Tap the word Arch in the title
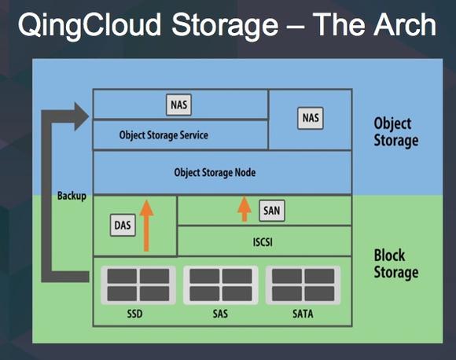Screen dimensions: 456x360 coord(405,24)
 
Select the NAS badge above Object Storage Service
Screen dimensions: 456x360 coord(178,105)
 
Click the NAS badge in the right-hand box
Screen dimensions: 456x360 coord(311,118)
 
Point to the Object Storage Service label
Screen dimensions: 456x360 coord(164,135)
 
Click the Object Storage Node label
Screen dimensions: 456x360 coord(215,172)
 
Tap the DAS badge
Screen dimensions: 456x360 coord(123,226)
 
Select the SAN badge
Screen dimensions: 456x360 coord(271,211)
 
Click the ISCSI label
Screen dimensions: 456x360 coord(263,242)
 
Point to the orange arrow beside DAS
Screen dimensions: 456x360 coord(146,226)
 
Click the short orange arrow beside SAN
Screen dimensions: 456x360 coord(245,209)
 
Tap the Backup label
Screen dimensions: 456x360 coord(72,196)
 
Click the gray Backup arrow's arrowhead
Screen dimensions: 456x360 coord(82,116)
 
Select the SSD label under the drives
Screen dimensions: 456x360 coord(134,314)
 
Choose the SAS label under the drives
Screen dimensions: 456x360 coord(220,314)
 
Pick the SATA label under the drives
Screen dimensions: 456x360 coord(303,314)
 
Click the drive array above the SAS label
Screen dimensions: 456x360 coord(221,285)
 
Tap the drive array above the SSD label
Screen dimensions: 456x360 coord(138,285)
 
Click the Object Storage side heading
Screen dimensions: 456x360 coord(396,132)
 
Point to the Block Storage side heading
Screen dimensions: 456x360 coord(396,264)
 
